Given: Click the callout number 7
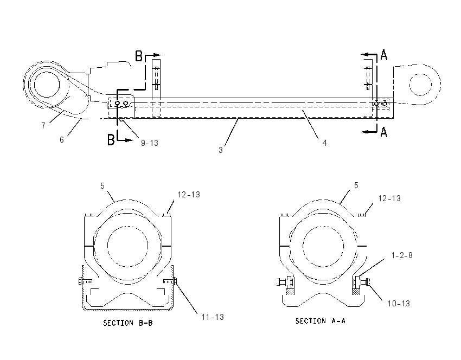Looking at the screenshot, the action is click(43, 125).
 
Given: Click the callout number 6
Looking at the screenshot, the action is click(61, 139).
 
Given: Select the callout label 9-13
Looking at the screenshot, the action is click(150, 143).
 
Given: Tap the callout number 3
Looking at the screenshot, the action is click(221, 150).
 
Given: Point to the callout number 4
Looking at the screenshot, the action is click(324, 143).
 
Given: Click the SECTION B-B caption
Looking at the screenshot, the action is click(128, 323).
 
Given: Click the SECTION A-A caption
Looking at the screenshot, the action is click(321, 321).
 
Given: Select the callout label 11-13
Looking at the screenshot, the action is click(213, 317).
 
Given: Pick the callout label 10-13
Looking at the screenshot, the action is click(399, 303).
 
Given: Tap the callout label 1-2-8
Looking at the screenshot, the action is click(402, 255).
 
